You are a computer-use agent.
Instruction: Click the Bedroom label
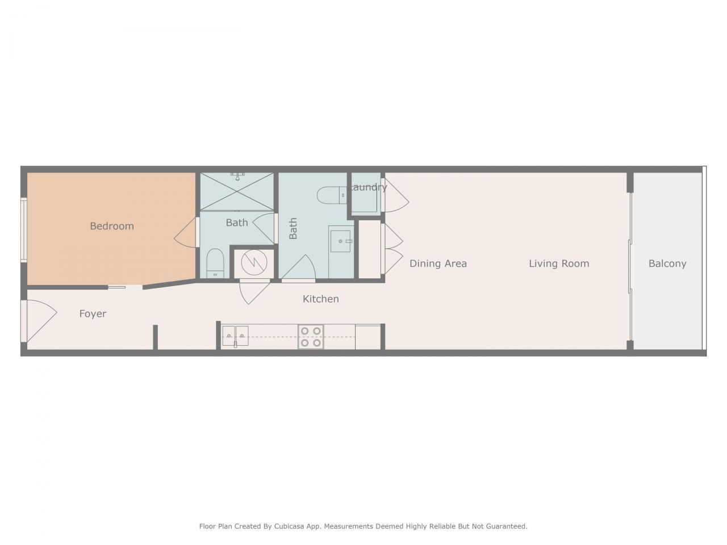click(112, 226)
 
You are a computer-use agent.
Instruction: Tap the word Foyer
click(93, 314)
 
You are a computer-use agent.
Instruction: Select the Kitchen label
click(320, 299)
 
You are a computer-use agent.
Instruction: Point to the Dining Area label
click(438, 263)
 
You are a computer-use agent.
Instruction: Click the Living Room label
click(559, 263)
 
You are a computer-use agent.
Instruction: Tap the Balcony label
click(667, 263)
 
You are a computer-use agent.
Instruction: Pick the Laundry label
click(368, 187)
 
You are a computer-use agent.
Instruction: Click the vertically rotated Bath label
click(293, 228)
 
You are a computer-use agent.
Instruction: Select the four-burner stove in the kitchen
click(311, 337)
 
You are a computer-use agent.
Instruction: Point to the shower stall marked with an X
click(236, 191)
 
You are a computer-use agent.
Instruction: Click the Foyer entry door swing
click(39, 321)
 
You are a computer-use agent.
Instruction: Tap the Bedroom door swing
click(186, 232)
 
